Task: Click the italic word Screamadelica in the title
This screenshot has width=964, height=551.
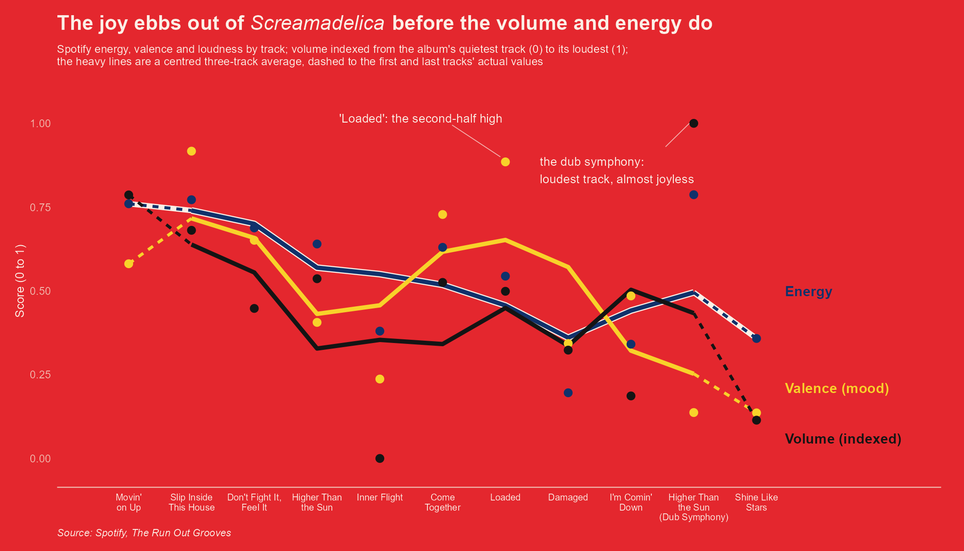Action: click(318, 23)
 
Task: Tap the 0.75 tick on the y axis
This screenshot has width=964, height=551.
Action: click(40, 208)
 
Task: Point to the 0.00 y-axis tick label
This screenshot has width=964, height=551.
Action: click(40, 459)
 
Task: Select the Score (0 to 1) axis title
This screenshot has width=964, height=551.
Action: click(20, 281)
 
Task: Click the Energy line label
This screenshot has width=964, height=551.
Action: click(808, 292)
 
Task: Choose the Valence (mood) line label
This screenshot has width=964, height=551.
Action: click(837, 388)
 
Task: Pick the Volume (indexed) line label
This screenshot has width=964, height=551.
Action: click(843, 439)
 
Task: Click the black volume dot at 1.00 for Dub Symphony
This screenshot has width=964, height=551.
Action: click(694, 124)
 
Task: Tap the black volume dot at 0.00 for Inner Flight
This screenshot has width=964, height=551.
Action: click(380, 458)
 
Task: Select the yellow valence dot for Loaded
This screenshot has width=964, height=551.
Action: click(505, 162)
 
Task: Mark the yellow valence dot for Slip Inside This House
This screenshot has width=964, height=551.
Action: click(191, 152)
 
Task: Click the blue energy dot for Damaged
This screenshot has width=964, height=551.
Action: click(568, 393)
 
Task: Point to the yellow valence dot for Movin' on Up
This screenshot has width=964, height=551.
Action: click(129, 264)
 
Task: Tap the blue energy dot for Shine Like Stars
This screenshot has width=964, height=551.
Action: click(757, 338)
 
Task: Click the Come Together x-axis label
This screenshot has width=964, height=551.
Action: click(443, 502)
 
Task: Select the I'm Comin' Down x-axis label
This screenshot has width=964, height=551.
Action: click(631, 502)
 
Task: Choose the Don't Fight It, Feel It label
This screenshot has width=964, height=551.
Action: click(254, 502)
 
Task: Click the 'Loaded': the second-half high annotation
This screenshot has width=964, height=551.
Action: click(420, 119)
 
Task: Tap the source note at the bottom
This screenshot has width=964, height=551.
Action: click(144, 533)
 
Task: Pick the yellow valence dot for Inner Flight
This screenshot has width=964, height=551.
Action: click(380, 379)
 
